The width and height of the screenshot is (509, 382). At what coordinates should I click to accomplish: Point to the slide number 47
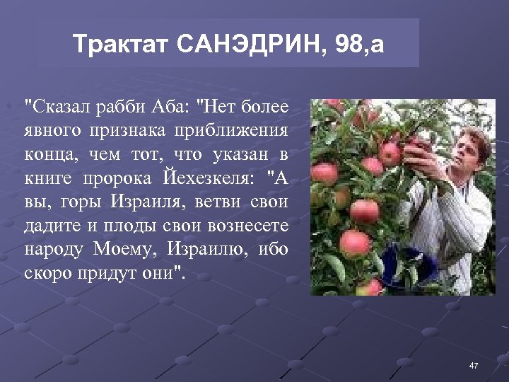(x=474, y=365)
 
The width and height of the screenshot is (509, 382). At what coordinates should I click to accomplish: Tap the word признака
(x=136, y=131)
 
